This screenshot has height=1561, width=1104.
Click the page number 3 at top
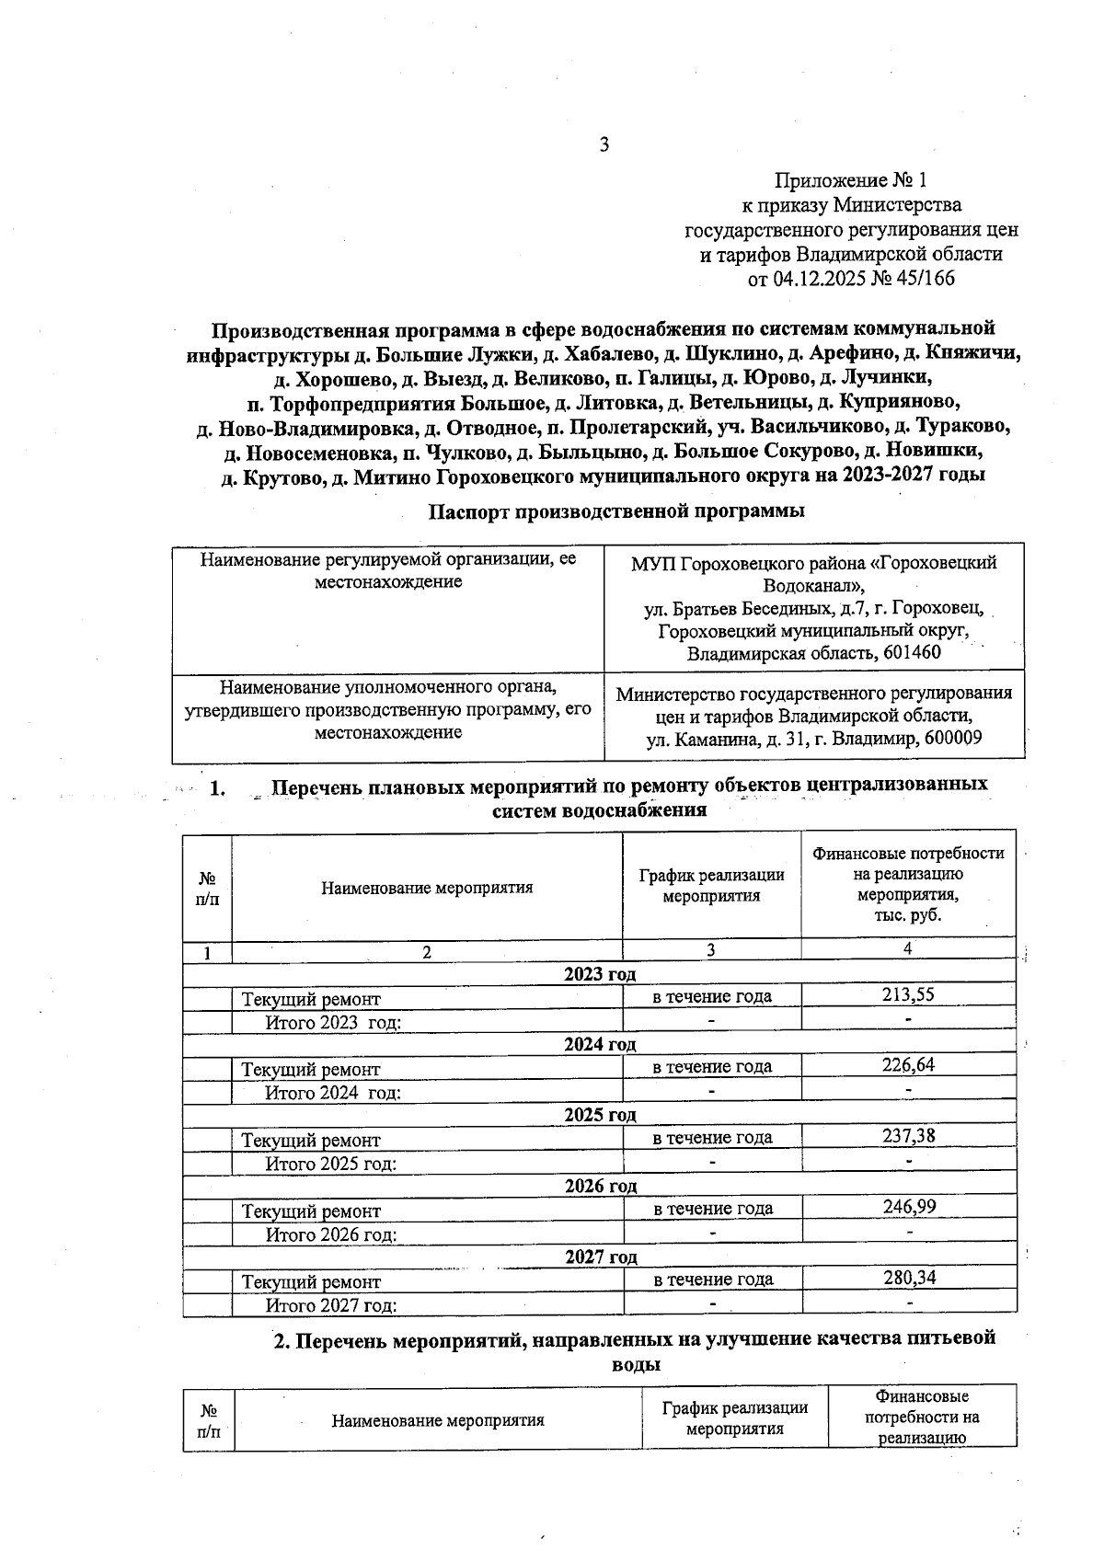604,144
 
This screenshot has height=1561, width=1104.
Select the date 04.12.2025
815,279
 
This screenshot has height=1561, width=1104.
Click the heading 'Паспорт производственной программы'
616,511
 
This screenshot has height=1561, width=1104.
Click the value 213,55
908,994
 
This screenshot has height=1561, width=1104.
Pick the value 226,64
908,1065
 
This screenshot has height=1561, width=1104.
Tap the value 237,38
908,1136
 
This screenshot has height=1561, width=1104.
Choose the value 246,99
908,1207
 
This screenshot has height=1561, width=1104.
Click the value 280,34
908,1278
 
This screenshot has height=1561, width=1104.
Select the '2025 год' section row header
600,1115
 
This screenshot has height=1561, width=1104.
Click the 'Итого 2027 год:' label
331,1305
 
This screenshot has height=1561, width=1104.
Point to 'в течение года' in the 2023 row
712,996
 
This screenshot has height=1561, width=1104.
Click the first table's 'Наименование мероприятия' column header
427,888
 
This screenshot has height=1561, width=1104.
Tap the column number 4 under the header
908,949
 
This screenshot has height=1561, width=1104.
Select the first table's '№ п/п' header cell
208,889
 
